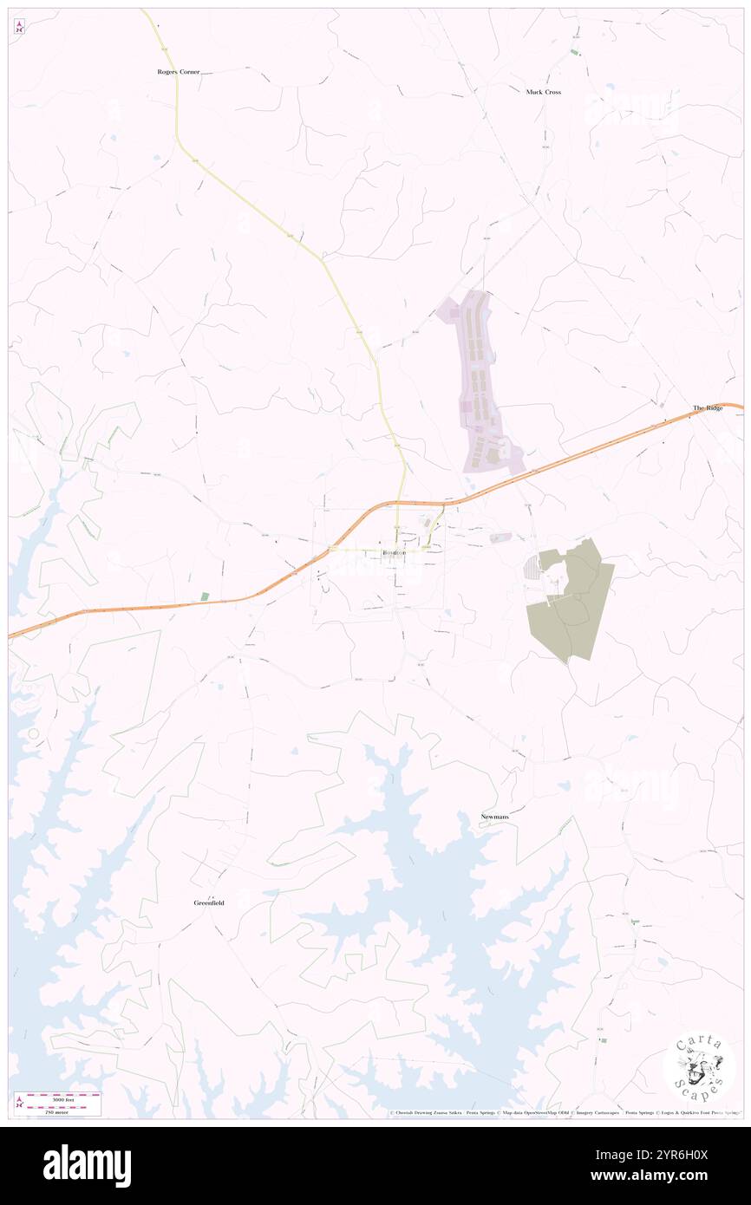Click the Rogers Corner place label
click(x=178, y=73)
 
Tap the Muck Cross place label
click(x=543, y=91)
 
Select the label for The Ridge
click(x=707, y=407)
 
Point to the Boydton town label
click(x=394, y=553)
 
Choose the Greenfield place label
click(x=209, y=902)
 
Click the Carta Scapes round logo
click(x=699, y=1065)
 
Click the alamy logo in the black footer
click(x=87, y=1165)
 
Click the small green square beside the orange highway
click(x=205, y=596)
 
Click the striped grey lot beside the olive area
click(x=532, y=572)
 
